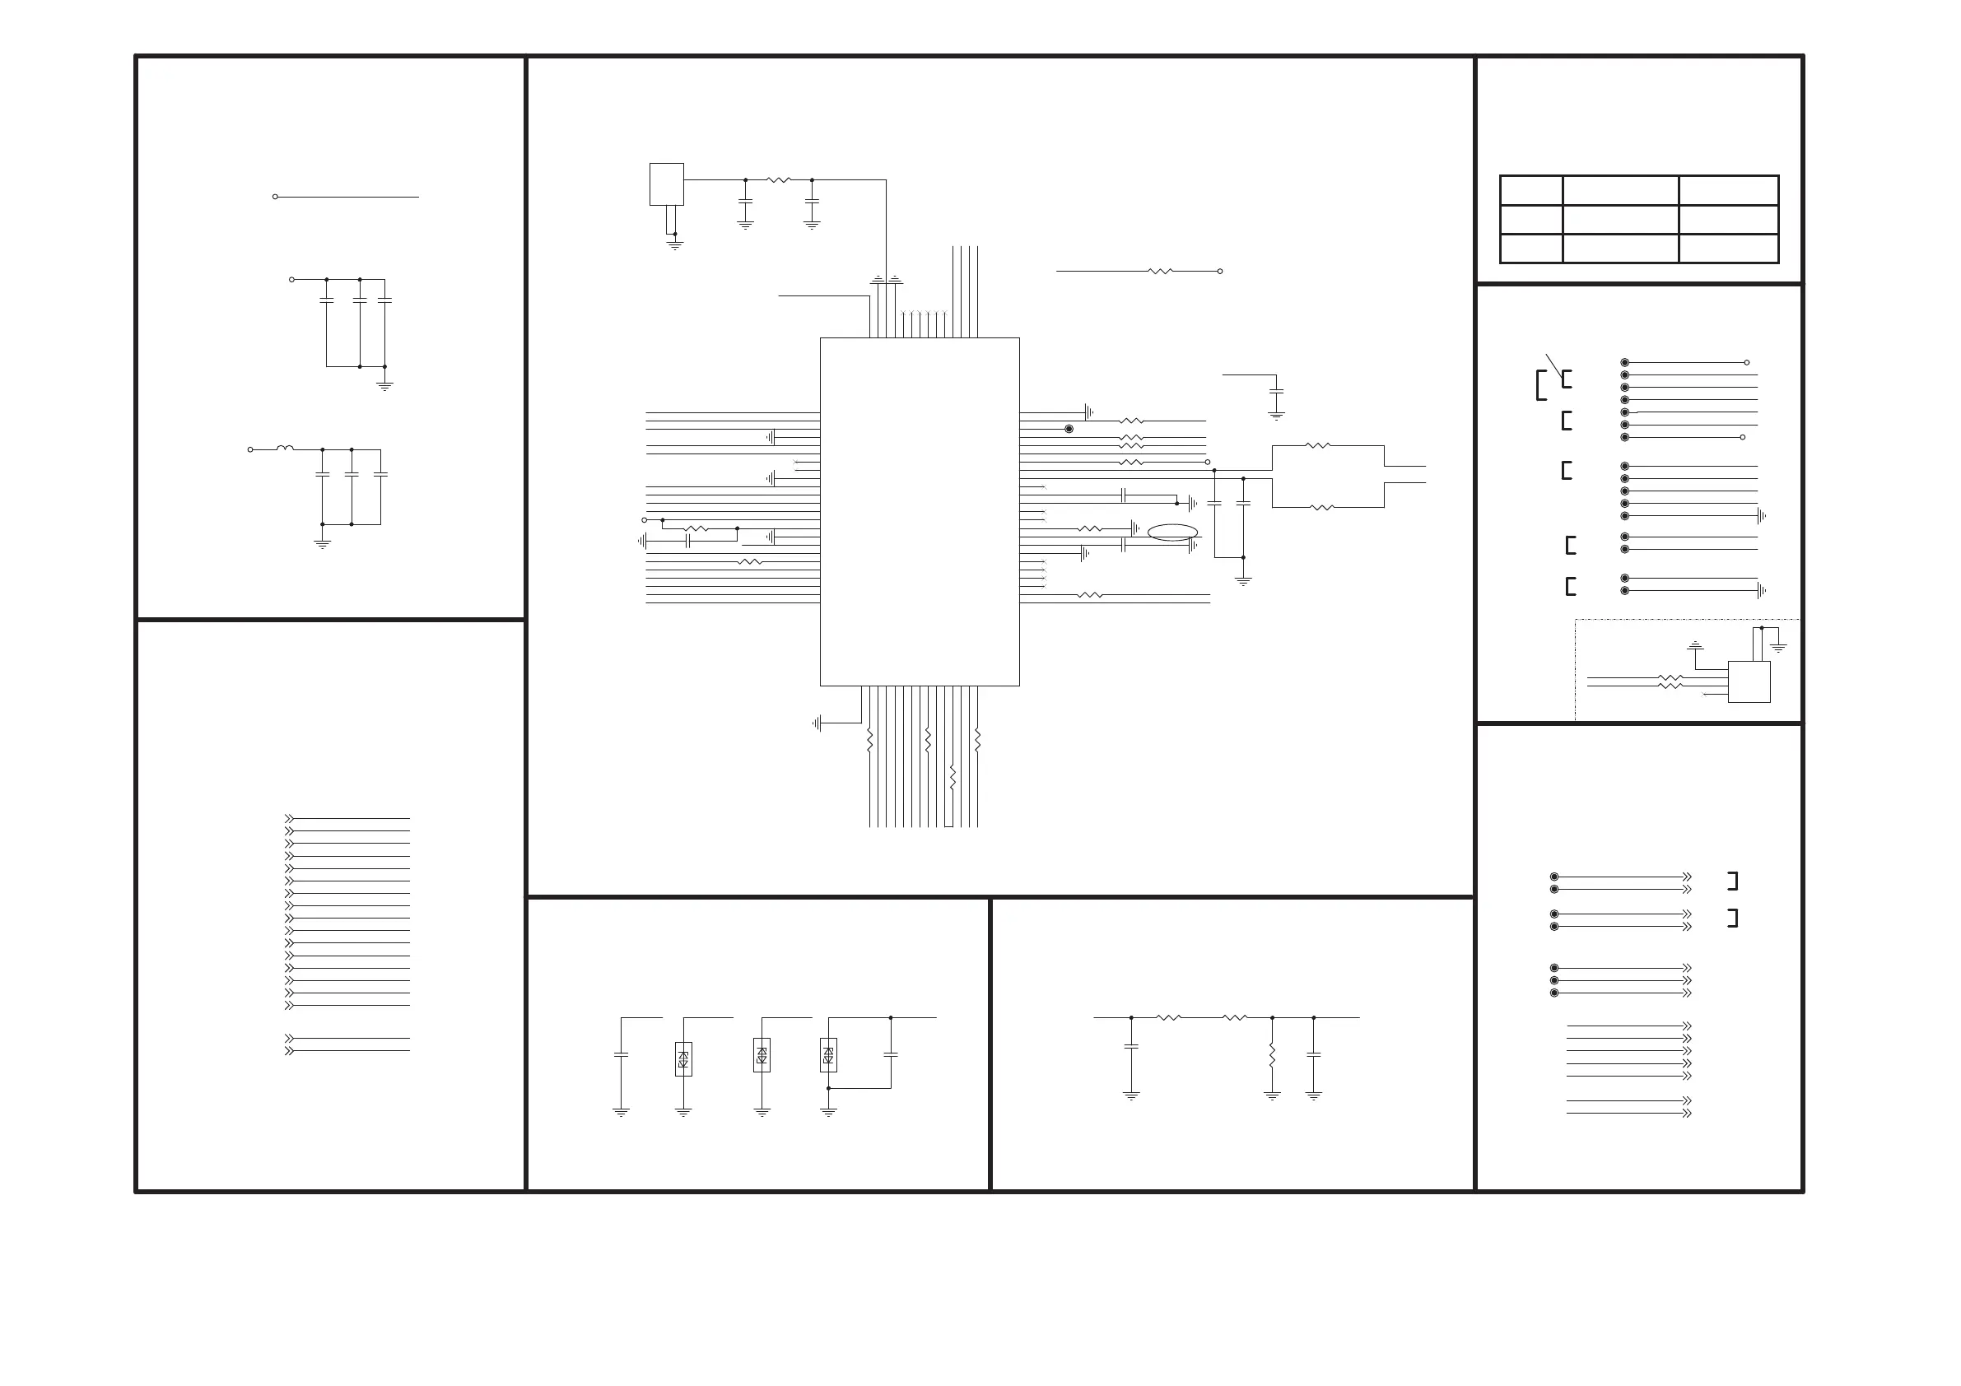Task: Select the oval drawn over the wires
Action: pyautogui.click(x=1171, y=532)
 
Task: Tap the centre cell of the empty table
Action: pyautogui.click(x=1619, y=220)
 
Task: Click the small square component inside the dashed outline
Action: pyautogui.click(x=1749, y=681)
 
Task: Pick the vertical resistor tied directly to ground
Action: pyautogui.click(x=1272, y=1055)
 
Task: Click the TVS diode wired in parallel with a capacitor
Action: pyautogui.click(x=827, y=1054)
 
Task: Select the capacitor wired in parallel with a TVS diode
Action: pyautogui.click(x=891, y=1054)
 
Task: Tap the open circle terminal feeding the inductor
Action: pyautogui.click(x=250, y=449)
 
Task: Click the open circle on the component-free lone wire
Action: pyautogui.click(x=275, y=197)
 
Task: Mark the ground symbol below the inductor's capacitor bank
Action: pyautogui.click(x=322, y=543)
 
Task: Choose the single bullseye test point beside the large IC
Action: pyautogui.click(x=1069, y=429)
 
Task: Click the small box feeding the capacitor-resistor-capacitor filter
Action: pyautogui.click(x=666, y=184)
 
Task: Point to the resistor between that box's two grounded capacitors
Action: pyautogui.click(x=779, y=180)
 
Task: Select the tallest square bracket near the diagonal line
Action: pyautogui.click(x=1541, y=385)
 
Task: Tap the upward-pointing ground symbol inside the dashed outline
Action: pyautogui.click(x=1695, y=645)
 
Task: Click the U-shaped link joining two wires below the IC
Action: pyautogui.click(x=948, y=824)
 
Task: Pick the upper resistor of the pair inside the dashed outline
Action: pyautogui.click(x=1670, y=677)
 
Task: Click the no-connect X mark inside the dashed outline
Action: pyautogui.click(x=1705, y=695)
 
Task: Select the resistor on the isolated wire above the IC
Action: pyautogui.click(x=1161, y=271)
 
